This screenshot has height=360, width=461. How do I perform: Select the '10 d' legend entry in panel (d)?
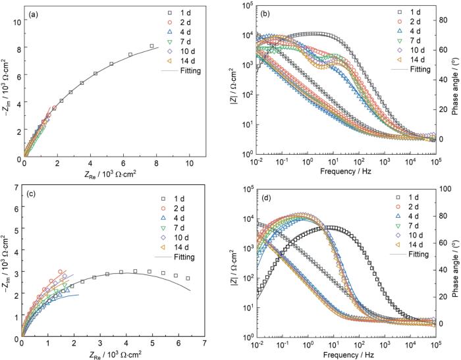[x=413, y=234]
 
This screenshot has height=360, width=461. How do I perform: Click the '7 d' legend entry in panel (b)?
[x=413, y=41]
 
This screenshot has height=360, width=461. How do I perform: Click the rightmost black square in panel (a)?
[x=152, y=46]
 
